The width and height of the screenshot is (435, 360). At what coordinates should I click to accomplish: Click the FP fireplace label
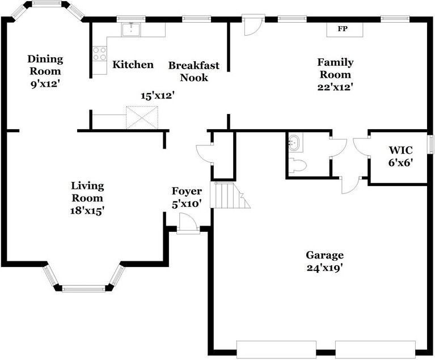coord(343,28)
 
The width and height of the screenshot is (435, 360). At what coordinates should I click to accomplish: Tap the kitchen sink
coord(131,29)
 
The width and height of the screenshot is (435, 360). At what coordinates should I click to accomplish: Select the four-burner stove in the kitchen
coord(100,53)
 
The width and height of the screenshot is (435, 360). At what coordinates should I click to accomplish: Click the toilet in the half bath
coord(297,166)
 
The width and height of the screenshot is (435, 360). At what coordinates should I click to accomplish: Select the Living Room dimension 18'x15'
coord(87,211)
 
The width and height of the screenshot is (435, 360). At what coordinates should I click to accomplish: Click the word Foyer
coord(187,192)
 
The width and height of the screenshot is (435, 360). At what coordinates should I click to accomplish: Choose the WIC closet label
coord(400,150)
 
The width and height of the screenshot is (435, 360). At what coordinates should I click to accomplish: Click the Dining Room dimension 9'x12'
coord(45,83)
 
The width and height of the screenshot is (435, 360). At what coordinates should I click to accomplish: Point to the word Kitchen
coord(133,65)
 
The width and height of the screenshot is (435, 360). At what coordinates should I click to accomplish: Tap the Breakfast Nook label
coord(194,71)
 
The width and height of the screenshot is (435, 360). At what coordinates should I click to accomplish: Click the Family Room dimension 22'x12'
coord(335,87)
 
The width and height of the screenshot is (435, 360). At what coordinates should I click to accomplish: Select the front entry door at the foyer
coord(188,223)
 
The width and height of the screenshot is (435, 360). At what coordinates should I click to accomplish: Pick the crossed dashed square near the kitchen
coord(142,117)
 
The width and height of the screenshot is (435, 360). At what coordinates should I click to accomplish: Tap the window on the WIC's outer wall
coord(430,144)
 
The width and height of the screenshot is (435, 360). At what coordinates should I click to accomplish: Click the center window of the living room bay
coord(84,289)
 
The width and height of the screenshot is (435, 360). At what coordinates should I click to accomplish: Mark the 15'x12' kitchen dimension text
coord(158,96)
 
